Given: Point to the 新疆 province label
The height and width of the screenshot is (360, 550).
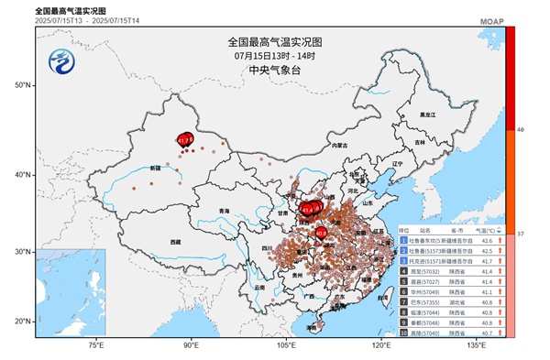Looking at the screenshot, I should pos(153,169).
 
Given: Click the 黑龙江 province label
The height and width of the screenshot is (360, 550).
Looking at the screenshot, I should pos(426,115).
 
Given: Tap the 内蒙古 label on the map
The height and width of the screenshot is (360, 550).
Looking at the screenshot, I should pos(340,146).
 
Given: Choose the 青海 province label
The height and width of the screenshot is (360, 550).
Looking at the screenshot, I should pos(224,211).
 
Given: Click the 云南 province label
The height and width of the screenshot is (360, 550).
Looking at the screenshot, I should pos(259,288).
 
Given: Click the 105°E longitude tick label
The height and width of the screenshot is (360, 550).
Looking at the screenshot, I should pos(286,346).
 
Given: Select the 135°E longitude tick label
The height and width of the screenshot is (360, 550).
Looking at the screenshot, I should pos(476,346).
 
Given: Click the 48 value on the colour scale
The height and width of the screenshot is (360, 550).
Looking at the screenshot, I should pos(521,131).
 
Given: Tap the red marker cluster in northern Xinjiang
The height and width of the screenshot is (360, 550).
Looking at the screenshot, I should pos(186,140).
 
